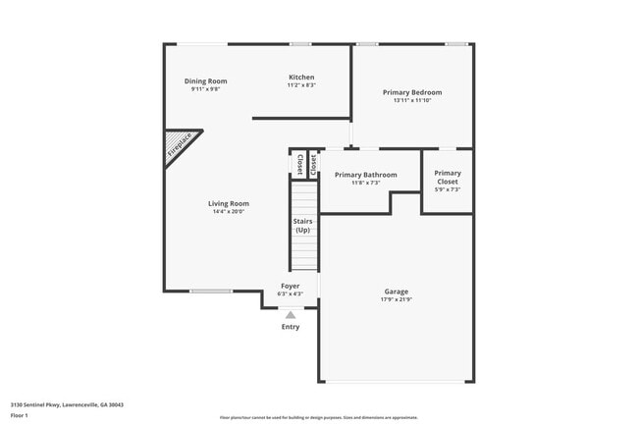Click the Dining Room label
206,80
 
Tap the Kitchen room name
301,78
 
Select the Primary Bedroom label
412,92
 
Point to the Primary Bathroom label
366,175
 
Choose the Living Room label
228,203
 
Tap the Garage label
397,292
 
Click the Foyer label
291,286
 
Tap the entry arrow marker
291,315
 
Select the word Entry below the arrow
291,327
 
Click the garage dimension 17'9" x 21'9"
397,299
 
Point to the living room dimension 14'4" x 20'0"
228,212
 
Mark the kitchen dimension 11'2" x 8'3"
301,85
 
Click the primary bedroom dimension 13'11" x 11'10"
412,100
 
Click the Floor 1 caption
20,416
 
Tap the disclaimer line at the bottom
319,418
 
